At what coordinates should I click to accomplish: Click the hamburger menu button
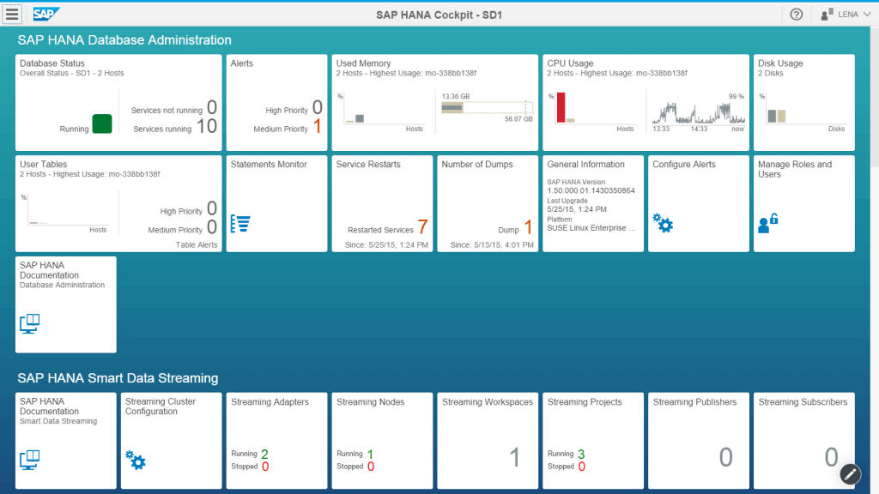point(12,15)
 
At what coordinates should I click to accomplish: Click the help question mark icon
point(796,15)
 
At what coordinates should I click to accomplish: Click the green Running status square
point(102,123)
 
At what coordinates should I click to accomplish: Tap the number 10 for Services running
point(207,126)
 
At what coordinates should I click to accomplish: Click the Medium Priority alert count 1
point(317,127)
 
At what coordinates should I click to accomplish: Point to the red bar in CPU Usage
point(561,108)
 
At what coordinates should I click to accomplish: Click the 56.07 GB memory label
point(518,119)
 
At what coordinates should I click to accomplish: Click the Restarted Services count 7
point(422,227)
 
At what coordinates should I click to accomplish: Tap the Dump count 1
point(529,227)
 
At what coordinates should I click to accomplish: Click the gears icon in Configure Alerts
point(663,223)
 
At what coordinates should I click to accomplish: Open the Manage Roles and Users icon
point(767,224)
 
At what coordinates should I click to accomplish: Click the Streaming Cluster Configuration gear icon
point(136,460)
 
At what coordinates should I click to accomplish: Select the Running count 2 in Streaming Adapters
point(264,454)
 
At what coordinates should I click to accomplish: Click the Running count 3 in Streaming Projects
point(581,454)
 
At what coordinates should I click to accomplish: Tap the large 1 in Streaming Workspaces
point(515,457)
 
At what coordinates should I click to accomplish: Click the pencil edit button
point(850,473)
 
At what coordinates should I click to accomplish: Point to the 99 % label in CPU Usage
point(736,97)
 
